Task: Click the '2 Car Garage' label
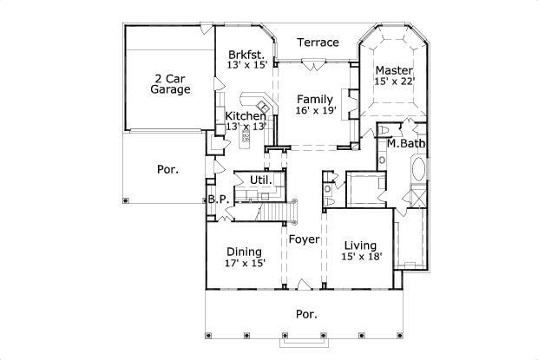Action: click(x=169, y=82)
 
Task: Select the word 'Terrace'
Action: click(x=318, y=42)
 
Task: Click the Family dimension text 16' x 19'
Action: click(x=314, y=111)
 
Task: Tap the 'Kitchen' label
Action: click(x=246, y=115)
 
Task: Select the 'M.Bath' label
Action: click(x=403, y=143)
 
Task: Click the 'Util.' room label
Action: click(x=261, y=180)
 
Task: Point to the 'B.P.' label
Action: click(x=218, y=200)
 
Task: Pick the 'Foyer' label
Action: click(x=305, y=239)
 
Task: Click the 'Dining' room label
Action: click(x=244, y=252)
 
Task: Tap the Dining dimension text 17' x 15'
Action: click(x=244, y=263)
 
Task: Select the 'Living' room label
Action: click(x=359, y=245)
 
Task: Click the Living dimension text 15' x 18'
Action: click(x=359, y=257)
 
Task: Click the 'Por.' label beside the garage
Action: click(x=167, y=170)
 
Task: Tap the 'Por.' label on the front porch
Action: click(x=305, y=314)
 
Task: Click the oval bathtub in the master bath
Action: click(x=418, y=169)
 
